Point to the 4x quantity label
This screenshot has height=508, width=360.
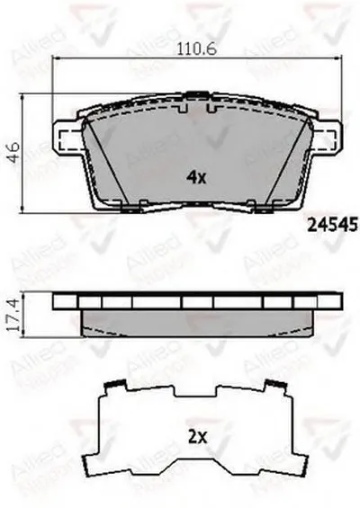(196, 177)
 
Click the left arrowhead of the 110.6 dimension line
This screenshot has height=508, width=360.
(58, 66)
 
